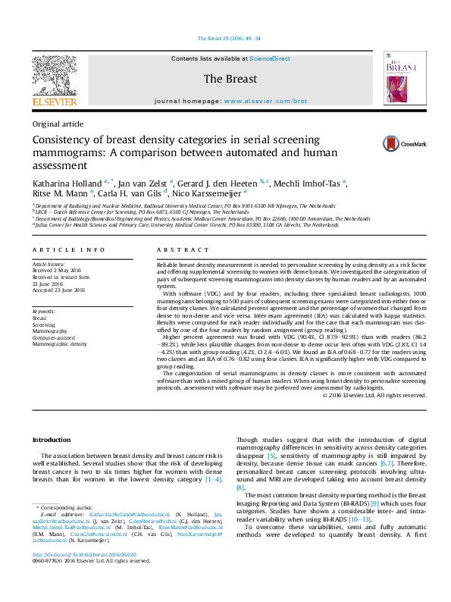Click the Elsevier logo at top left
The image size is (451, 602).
[x=54, y=80]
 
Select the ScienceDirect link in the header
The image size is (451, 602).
[x=271, y=58]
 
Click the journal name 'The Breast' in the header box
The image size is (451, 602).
[x=230, y=79]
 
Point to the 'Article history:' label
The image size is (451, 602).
[x=48, y=263]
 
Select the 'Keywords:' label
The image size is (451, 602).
[x=44, y=312]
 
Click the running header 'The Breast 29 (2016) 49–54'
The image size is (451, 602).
[x=228, y=38]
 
